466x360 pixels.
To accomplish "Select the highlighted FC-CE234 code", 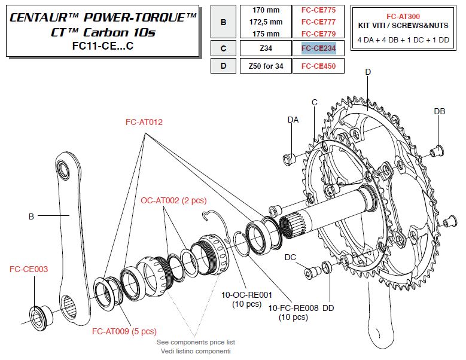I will click(318, 48).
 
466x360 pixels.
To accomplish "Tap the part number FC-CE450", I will click(318, 66).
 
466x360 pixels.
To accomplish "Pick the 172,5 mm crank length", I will click(264, 22).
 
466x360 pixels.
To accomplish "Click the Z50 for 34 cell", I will click(264, 66).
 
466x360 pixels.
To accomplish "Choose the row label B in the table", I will click(223, 22).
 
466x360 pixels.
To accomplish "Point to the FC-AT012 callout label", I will click(144, 122).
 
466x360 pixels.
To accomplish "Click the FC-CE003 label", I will click(29, 269).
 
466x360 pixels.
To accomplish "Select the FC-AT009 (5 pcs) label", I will click(124, 331).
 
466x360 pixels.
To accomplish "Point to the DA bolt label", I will click(293, 120).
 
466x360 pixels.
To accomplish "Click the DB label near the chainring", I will click(439, 112).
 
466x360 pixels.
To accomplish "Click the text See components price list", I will click(196, 342).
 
